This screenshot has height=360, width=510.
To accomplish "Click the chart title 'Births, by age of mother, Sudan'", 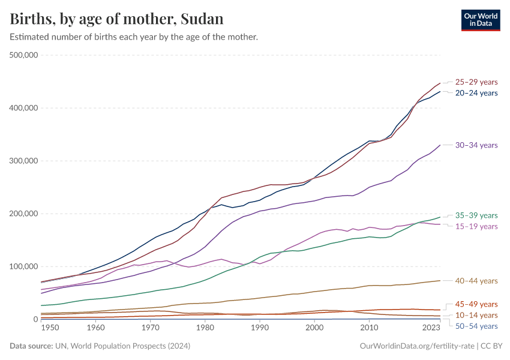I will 117,19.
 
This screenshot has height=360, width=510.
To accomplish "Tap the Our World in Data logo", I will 480,19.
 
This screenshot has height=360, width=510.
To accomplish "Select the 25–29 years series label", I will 476,82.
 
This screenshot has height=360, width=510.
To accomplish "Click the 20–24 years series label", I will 476,93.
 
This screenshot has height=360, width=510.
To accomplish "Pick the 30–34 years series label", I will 476,145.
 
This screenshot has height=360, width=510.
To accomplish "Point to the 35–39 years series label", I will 476,215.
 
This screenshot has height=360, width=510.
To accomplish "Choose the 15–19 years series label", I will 476,226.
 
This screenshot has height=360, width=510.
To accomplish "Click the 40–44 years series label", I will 476,281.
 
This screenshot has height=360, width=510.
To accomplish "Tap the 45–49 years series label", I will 476,304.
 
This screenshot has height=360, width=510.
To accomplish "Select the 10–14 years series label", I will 476,315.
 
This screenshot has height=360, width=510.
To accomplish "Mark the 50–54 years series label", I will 476,326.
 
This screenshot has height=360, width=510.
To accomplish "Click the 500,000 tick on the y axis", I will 25,55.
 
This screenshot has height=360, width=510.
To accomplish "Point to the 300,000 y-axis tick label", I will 25,161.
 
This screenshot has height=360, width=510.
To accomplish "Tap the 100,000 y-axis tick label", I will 25,266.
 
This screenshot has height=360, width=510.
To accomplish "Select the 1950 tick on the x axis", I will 50,328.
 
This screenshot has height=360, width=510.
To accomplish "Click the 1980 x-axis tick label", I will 205,328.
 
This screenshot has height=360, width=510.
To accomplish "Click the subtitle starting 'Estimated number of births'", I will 134,37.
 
